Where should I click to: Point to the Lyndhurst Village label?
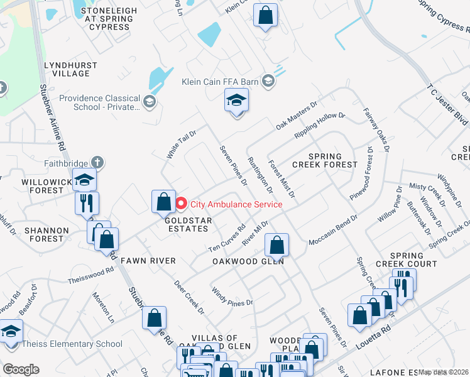click(67, 69)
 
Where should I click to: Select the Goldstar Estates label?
click(186, 224)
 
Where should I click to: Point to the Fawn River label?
click(148, 260)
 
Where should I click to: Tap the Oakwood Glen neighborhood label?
click(248, 261)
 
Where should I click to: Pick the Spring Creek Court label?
click(413, 260)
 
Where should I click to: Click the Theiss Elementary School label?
click(72, 344)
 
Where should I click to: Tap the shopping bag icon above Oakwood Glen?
click(276, 244)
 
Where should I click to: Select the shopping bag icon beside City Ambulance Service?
click(163, 202)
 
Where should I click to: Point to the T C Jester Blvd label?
click(448, 104)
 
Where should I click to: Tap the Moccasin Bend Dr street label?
click(332, 232)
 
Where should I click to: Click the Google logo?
click(21, 369)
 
